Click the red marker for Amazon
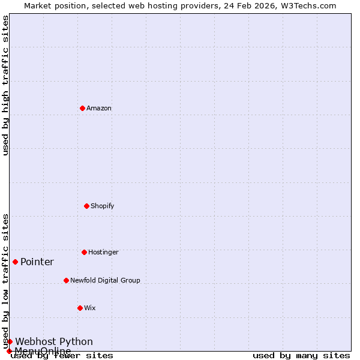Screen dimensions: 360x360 click(82, 108)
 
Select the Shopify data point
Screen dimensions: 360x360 click(86, 206)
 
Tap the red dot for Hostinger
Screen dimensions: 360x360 click(84, 252)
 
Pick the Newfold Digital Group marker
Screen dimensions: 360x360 click(66, 280)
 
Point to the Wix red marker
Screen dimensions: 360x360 click(80, 308)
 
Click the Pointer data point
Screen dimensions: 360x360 click(15, 262)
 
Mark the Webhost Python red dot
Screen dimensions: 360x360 click(10, 341)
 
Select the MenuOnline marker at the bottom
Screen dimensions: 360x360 click(9, 351)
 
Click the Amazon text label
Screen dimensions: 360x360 click(99, 108)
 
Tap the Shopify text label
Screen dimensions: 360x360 click(103, 206)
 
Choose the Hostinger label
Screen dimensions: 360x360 click(103, 252)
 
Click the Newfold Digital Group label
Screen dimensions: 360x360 click(105, 280)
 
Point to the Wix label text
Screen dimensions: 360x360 click(90, 308)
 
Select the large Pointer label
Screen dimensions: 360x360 click(37, 262)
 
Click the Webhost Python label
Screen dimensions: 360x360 click(54, 341)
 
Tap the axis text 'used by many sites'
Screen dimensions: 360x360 click(301, 355)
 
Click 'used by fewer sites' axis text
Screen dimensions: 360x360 click(62, 355)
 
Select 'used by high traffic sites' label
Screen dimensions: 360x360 click(5, 85)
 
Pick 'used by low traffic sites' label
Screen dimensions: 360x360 click(5, 281)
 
